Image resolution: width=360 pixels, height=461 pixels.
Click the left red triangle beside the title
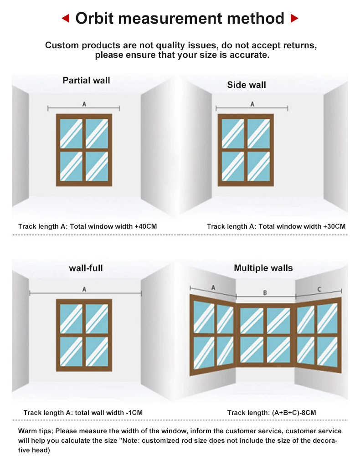pyautogui.click(x=66, y=19)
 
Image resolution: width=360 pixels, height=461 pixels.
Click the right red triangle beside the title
pyautogui.click(x=294, y=19)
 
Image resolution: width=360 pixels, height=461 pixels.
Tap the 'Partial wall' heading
pyautogui.click(x=86, y=81)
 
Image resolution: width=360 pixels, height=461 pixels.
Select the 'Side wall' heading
pyautogui.click(x=247, y=85)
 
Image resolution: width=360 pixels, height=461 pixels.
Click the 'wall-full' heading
pyautogui.click(x=86, y=268)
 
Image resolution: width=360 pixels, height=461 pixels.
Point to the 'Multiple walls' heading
pyautogui.click(x=263, y=268)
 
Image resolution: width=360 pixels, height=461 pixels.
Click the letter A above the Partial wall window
pyautogui.click(x=84, y=104)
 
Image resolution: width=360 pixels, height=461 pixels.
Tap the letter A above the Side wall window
pyautogui.click(x=252, y=104)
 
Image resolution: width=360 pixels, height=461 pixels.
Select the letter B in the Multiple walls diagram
pyautogui.click(x=265, y=293)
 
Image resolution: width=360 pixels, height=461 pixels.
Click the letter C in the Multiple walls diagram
pyautogui.click(x=319, y=289)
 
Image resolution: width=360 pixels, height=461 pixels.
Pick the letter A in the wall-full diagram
pyautogui.click(x=84, y=289)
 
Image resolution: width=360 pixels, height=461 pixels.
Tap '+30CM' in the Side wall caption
pyautogui.click(x=334, y=226)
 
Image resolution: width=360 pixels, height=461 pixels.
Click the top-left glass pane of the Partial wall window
pyautogui.click(x=71, y=133)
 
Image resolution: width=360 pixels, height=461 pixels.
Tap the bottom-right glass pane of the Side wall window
pyautogui.click(x=258, y=166)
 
